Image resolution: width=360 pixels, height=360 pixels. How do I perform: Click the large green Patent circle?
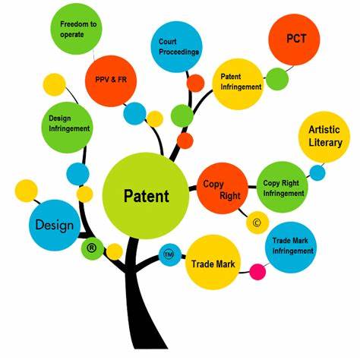pos(146,196)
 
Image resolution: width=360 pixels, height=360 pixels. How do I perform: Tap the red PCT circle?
pos(294,39)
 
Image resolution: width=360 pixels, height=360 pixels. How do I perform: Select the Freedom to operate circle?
pos(77,29)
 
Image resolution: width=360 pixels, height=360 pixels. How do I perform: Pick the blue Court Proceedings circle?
pos(177,47)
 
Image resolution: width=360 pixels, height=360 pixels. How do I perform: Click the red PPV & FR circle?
pos(111,81)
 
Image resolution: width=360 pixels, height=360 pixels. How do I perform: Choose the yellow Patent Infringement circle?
pos(238,84)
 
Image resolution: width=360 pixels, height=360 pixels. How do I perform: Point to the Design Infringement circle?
pos(68,128)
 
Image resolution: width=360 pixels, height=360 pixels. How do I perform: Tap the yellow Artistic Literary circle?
pos(324,137)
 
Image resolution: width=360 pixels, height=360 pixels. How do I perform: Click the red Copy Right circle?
pos(223,188)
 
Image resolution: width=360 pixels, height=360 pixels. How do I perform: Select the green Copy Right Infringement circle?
pos(283,187)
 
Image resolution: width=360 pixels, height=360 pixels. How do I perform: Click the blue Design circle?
pos(55,225)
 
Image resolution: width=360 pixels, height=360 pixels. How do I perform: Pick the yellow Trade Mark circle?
pos(213,262)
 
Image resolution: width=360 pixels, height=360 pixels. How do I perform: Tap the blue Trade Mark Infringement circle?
pos(291,248)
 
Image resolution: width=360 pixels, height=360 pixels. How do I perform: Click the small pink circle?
pos(257,272)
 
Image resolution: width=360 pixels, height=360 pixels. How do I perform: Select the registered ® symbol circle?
pos(93,248)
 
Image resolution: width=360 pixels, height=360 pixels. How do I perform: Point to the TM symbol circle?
pos(170,254)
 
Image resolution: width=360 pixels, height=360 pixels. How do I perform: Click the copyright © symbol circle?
pos(257,223)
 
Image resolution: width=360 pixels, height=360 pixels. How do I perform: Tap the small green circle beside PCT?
pos(277,79)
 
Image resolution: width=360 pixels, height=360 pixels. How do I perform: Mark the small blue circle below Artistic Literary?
pos(317,172)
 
